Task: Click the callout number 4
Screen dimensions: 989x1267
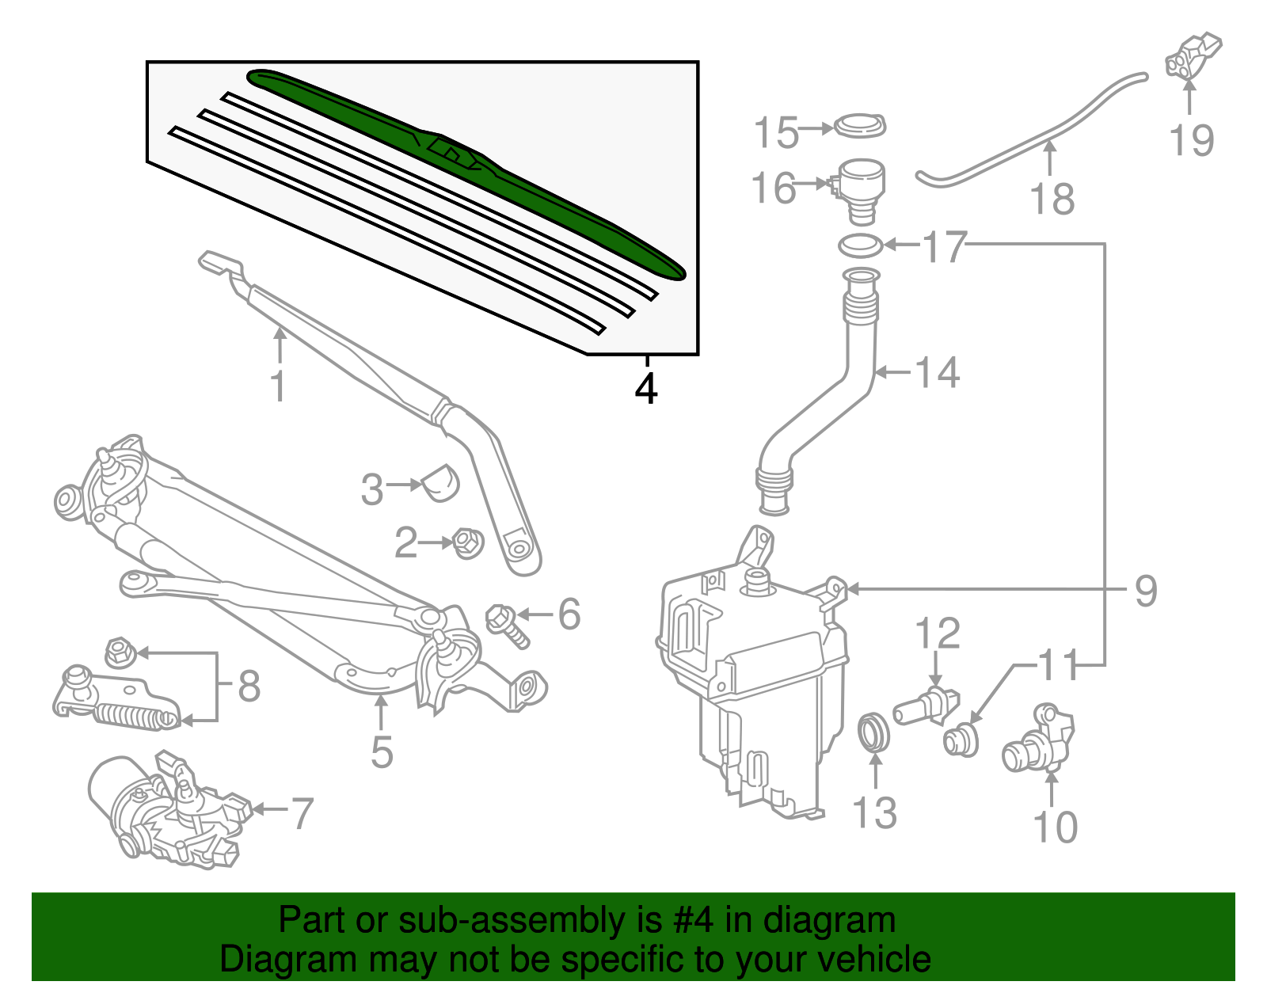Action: click(646, 389)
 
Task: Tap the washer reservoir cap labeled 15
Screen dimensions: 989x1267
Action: click(861, 126)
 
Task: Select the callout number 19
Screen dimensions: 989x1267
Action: click(1191, 140)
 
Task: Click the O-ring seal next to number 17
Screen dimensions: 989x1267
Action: click(861, 245)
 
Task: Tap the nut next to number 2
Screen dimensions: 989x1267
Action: click(466, 543)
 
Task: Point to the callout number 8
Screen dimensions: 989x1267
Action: click(249, 686)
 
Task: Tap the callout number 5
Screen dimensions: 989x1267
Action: click(382, 752)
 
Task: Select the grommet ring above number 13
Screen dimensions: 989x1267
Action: click(874, 732)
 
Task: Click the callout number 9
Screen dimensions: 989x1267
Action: click(1145, 591)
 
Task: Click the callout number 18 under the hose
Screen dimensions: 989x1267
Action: click(1052, 199)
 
